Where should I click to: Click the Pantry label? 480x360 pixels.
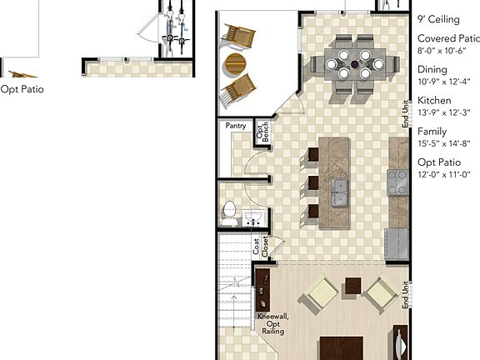(x=234, y=127)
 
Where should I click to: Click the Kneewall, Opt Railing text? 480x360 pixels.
(x=273, y=324)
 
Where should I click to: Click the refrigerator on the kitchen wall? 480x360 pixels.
(x=397, y=242)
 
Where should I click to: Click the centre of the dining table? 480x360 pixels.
(x=359, y=63)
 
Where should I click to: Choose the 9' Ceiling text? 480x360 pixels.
(x=438, y=19)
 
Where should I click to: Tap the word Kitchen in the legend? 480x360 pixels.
(x=434, y=101)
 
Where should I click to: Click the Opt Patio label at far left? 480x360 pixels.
(x=22, y=90)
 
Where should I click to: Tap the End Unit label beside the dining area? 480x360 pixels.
(x=405, y=113)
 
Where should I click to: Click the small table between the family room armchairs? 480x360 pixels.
(x=352, y=287)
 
